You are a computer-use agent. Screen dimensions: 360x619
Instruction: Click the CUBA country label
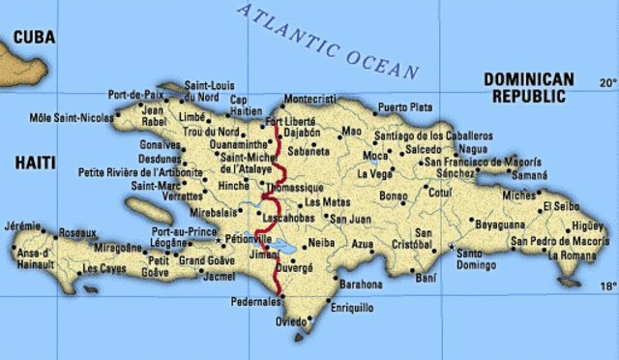(34, 37)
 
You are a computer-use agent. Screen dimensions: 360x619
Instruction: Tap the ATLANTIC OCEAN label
(328, 41)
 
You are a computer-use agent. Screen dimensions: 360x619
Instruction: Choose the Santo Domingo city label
(476, 258)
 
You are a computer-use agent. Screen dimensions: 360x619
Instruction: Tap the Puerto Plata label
(404, 106)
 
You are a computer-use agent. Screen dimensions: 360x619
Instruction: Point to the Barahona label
(363, 285)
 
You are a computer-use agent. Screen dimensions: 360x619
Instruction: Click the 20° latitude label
(606, 83)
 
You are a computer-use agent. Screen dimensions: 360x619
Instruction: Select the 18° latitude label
(606, 286)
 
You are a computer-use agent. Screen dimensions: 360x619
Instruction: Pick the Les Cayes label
(104, 268)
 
